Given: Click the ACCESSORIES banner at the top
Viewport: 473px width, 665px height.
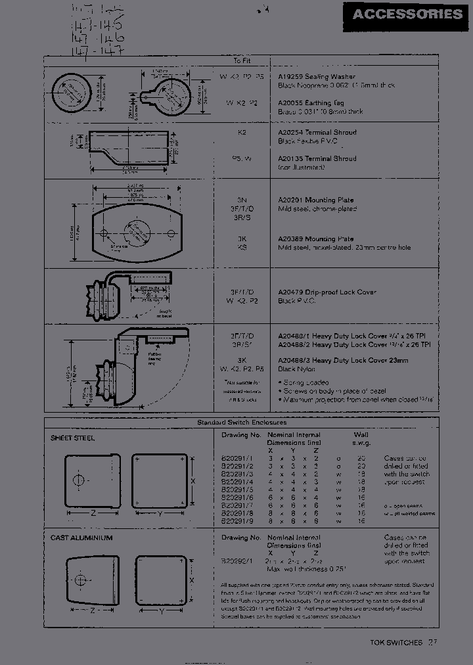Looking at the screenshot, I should point(407,14).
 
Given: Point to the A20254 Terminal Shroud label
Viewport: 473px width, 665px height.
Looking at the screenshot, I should point(317,132).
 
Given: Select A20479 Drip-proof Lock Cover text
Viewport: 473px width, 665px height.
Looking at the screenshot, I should point(327,292).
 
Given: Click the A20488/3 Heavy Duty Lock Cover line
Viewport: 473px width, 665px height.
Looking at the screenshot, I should point(343,360).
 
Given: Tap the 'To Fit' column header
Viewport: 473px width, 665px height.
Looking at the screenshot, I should point(242,60).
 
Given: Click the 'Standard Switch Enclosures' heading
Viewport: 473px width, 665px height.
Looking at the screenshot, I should point(242,423).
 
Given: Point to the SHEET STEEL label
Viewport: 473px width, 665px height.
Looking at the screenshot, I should point(72,438).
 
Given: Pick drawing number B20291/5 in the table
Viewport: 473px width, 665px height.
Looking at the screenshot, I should point(237,490).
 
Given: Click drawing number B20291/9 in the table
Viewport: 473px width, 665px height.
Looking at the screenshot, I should point(237,521).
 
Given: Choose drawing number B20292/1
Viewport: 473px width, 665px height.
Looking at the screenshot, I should point(237,561).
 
